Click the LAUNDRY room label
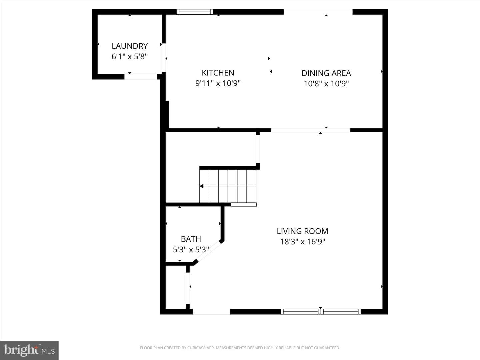pyautogui.click(x=130, y=46)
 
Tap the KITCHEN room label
pyautogui.click(x=218, y=73)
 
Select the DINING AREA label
pyautogui.click(x=326, y=73)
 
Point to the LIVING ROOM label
pyautogui.click(x=302, y=231)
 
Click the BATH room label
pyautogui.click(x=191, y=239)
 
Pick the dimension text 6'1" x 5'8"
pyautogui.click(x=130, y=57)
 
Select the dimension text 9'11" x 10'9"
pyautogui.click(x=218, y=83)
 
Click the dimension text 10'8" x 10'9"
pyautogui.click(x=326, y=84)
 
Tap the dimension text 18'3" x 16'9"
pyautogui.click(x=302, y=242)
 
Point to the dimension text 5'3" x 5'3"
pyautogui.click(x=191, y=250)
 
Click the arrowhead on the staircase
pyautogui.click(x=202, y=186)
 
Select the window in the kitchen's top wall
pyautogui.click(x=195, y=12)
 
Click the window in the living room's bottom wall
pyautogui.click(x=321, y=312)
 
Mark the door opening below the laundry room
pyautogui.click(x=141, y=77)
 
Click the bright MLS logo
pyautogui.click(x=29, y=350)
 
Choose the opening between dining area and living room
pyautogui.click(x=311, y=130)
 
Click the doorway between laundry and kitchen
pyautogui.click(x=164, y=58)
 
